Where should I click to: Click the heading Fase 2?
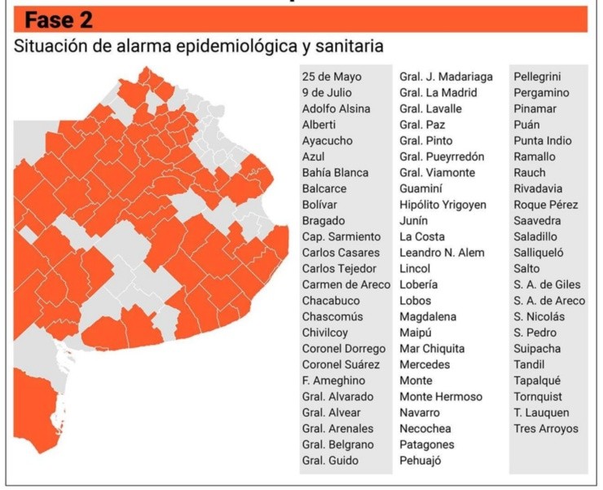pyautogui.click(x=59, y=20)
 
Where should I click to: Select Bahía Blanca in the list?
pyautogui.click(x=335, y=173)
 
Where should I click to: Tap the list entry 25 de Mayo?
pyautogui.click(x=332, y=77)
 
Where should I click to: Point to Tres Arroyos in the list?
pyautogui.click(x=545, y=429)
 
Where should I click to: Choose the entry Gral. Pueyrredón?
pyautogui.click(x=442, y=157)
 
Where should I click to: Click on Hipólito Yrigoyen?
pyautogui.click(x=442, y=205)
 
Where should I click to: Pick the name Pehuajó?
pyautogui.click(x=420, y=461)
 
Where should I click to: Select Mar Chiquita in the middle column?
pyautogui.click(x=433, y=349)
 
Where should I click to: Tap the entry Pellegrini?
pyautogui.click(x=535, y=77)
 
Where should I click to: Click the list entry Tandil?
pyautogui.click(x=529, y=364)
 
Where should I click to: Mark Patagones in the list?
pyautogui.click(x=427, y=444)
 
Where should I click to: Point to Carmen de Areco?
pyautogui.click(x=346, y=285)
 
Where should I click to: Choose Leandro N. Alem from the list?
pyautogui.click(x=442, y=253)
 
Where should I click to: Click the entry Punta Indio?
pyautogui.click(x=543, y=141)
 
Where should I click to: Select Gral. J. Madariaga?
pyautogui.click(x=446, y=77)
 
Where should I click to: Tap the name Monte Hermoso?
pyautogui.click(x=441, y=397)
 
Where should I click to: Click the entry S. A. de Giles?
pyautogui.click(x=547, y=285)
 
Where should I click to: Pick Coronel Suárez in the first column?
pyautogui.click(x=341, y=364)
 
